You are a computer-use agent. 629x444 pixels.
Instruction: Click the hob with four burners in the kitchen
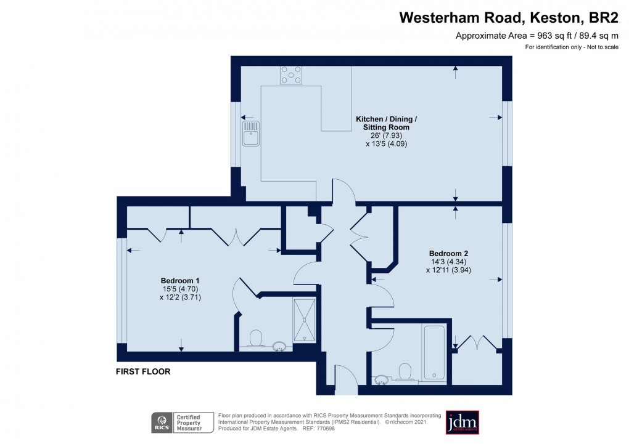[292, 75]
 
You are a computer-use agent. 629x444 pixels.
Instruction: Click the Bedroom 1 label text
[180, 279]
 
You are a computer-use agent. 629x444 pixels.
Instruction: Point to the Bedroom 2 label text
[448, 253]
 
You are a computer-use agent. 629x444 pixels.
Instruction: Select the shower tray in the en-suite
[304, 320]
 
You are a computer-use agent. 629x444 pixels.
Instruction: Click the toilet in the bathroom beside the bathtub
[405, 371]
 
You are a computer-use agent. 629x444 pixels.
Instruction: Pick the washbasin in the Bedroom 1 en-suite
[280, 347]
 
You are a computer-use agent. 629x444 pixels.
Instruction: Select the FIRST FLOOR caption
[143, 372]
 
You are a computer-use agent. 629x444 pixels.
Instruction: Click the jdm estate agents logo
[462, 422]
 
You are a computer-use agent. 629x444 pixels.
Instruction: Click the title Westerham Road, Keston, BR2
[509, 18]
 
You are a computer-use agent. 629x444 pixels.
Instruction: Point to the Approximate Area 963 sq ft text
[536, 36]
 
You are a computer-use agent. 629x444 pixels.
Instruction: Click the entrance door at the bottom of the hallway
[345, 380]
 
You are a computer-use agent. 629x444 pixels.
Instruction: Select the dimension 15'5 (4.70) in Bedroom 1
[180, 288]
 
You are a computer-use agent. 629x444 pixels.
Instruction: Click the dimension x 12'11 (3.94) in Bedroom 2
[448, 270]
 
